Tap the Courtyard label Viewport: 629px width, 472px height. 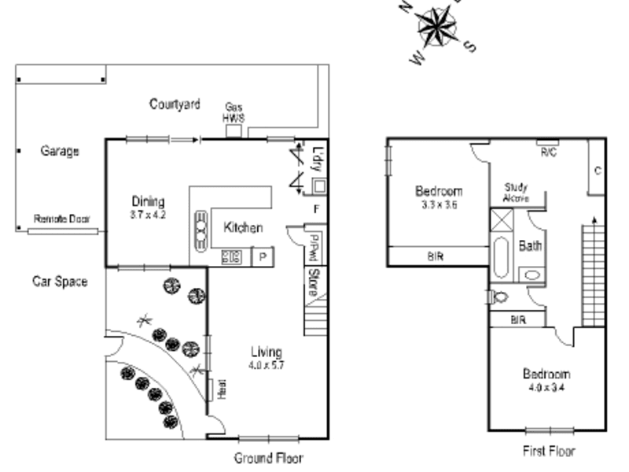coord(175,104)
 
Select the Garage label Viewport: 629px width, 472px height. coord(60,151)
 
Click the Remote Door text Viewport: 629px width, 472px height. coord(62,219)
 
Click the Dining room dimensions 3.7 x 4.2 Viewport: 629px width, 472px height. coord(149,214)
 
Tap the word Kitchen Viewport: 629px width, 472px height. coord(243,228)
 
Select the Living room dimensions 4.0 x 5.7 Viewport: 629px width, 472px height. coord(267,365)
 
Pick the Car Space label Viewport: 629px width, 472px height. coord(60,281)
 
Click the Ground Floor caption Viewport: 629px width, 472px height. coord(268,458)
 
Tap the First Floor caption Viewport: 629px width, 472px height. coord(549,452)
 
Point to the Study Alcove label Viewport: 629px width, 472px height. coord(517,193)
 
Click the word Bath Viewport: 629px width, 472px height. coord(531,245)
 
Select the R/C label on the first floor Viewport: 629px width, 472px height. coord(548,152)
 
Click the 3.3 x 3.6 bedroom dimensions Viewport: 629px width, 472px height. coord(440,204)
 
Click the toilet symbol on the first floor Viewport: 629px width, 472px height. coord(498,297)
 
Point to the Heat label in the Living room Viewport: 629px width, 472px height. coord(221,389)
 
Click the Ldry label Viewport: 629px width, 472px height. coord(318,158)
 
